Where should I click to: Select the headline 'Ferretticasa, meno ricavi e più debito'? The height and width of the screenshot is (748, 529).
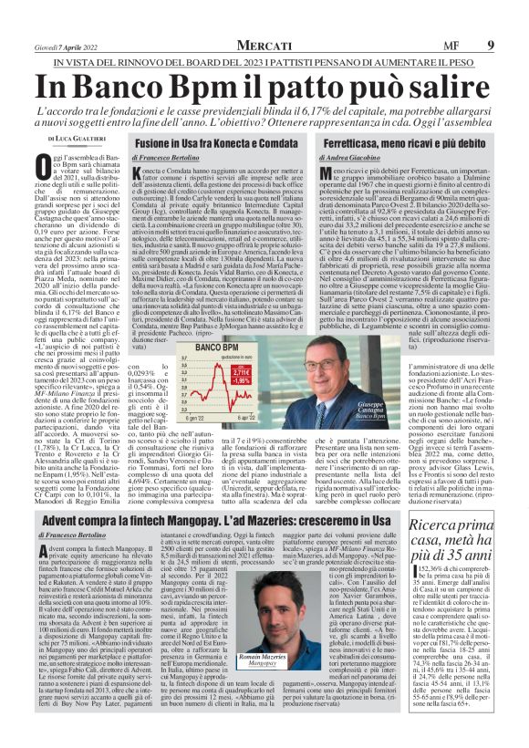405,144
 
